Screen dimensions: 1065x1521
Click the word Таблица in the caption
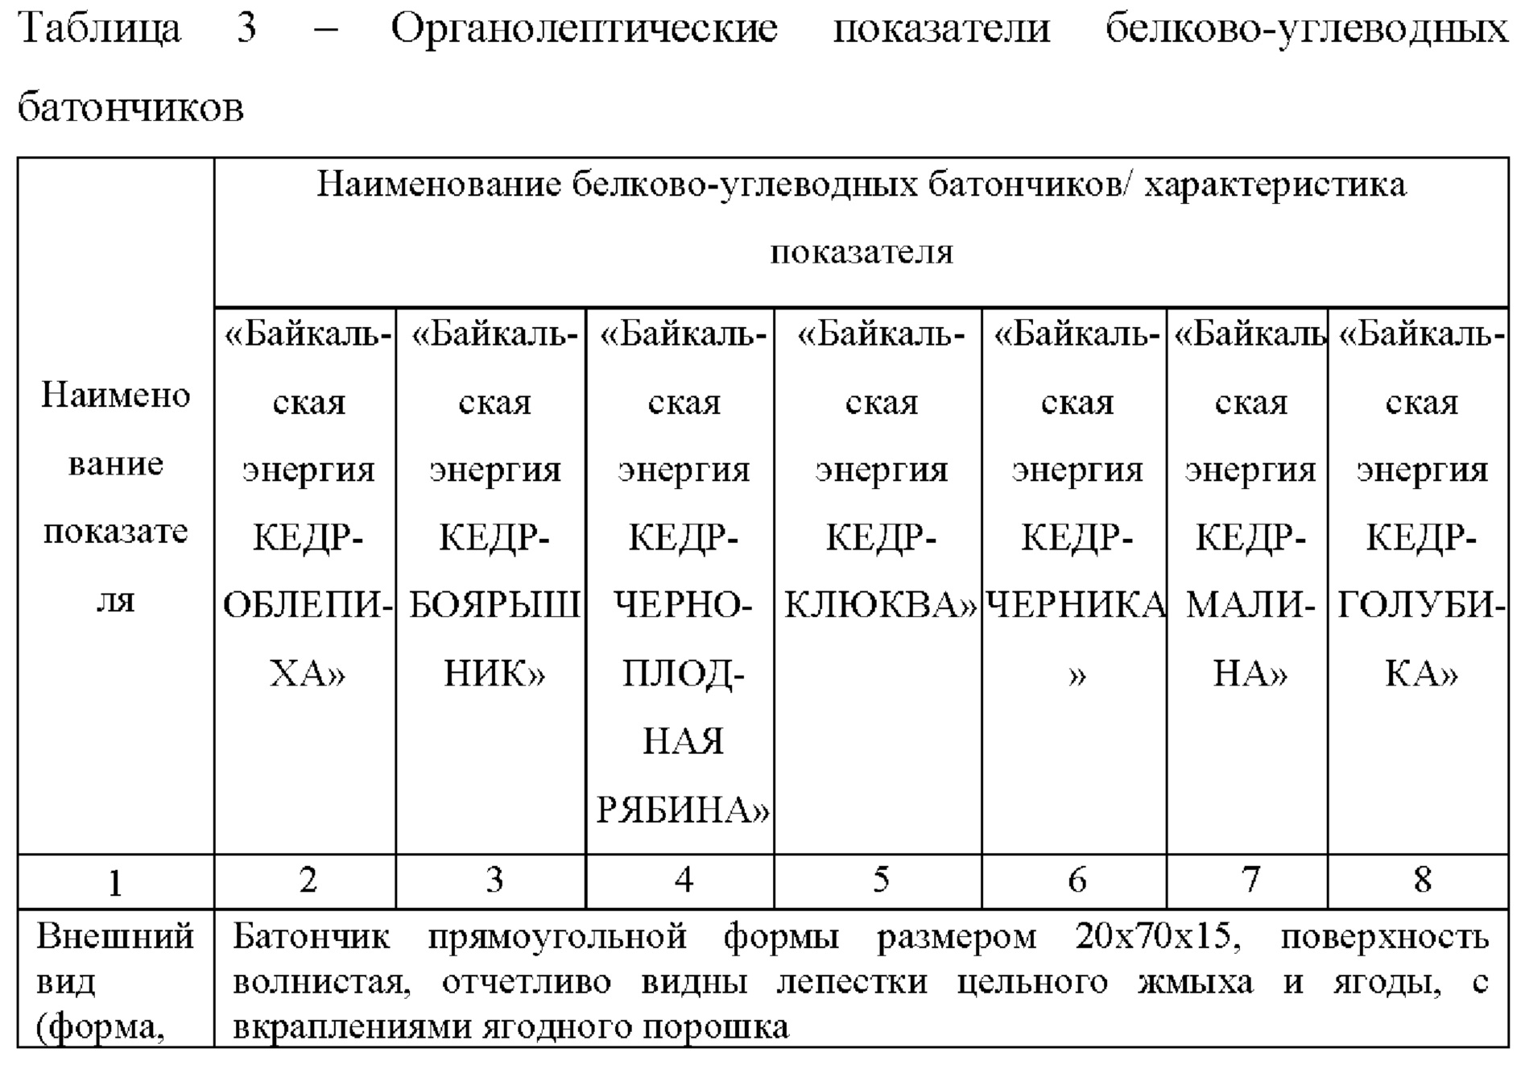pos(99,29)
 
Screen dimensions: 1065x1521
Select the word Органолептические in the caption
pos(584,29)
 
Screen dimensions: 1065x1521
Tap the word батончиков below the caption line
pos(130,107)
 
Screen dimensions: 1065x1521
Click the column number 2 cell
pos(307,881)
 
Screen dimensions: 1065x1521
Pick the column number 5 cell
pos(880,881)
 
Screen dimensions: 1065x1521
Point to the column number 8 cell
pos(1422,881)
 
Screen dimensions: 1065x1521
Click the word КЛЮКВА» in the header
pos(880,605)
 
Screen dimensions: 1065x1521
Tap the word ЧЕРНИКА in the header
pos(1076,605)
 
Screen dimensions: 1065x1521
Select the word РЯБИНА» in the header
pos(683,810)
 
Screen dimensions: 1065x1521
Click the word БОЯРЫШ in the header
pos(494,605)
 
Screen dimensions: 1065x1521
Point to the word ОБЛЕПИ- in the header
pos(308,605)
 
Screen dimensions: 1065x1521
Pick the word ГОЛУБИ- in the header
pos(1420,605)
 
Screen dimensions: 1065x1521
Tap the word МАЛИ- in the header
pos(1250,605)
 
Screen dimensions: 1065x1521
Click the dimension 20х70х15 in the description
pos(1153,937)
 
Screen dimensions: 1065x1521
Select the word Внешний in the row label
pos(115,937)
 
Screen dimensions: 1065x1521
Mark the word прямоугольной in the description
pos(556,937)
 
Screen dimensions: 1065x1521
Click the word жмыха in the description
pos(1195,982)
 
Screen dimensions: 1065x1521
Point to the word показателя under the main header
pos(862,252)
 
